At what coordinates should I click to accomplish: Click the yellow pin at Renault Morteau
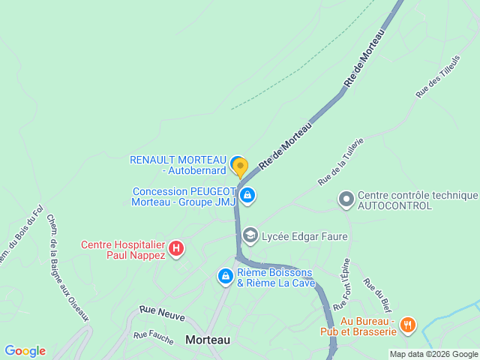pyautogui.click(x=239, y=166)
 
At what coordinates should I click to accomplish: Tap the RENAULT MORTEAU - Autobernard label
pyautogui.click(x=178, y=165)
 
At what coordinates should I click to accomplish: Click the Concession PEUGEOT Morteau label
pyautogui.click(x=184, y=196)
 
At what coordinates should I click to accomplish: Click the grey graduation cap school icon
pyautogui.click(x=250, y=236)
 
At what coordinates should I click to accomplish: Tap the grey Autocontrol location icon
pyautogui.click(x=346, y=199)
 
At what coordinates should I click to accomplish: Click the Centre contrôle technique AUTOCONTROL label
pyautogui.click(x=416, y=200)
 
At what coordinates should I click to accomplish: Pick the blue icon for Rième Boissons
pyautogui.click(x=224, y=277)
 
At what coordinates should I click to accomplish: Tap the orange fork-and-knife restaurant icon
pyautogui.click(x=408, y=325)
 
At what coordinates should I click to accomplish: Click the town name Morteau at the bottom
pyautogui.click(x=208, y=340)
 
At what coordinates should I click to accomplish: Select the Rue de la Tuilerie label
pyautogui.click(x=340, y=161)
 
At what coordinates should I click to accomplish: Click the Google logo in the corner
pyautogui.click(x=25, y=350)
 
